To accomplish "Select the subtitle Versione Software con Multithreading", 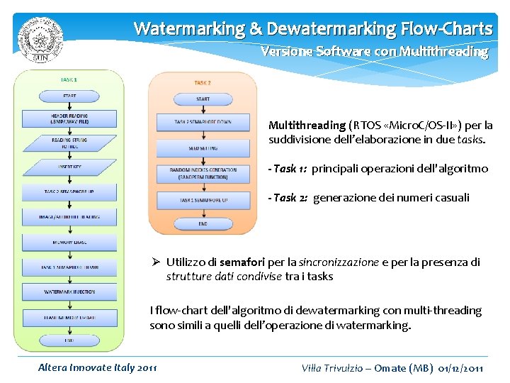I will [374, 52].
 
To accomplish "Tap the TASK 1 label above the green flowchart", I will [69, 80].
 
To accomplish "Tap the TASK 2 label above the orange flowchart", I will [203, 83].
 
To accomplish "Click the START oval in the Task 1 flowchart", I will [69, 96].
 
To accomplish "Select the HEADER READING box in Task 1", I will [69, 118].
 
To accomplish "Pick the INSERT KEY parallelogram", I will [69, 167].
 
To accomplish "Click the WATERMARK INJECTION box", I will [69, 292].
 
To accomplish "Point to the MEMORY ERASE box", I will [69, 242].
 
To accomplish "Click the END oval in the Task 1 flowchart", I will [69, 340].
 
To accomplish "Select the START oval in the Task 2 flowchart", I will [203, 99].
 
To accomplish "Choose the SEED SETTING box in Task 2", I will [203, 148].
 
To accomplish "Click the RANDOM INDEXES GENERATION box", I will [203, 173].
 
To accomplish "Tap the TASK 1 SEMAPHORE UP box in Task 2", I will [203, 201].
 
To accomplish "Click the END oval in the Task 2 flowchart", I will [203, 223].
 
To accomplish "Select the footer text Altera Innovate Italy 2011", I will [97, 367].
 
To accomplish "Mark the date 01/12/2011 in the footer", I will [461, 367].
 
